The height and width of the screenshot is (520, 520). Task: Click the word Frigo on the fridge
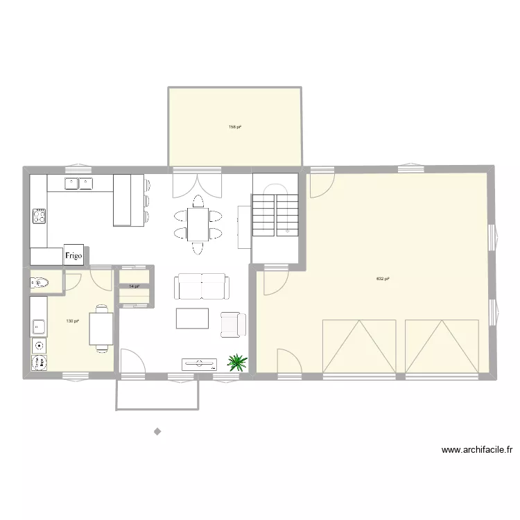point(74,255)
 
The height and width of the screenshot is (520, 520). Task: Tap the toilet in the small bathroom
point(40,282)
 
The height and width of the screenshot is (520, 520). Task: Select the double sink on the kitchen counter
point(79,184)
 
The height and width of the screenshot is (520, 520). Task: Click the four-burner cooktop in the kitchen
point(39,216)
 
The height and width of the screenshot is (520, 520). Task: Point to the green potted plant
point(238,362)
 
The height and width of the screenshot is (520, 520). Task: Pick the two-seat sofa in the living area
point(202,286)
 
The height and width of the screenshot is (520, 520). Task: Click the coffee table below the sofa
point(192,318)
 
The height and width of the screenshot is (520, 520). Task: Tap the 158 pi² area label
point(235,127)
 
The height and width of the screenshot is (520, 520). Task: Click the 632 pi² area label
point(382,279)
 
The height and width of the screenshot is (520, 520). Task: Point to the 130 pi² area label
point(72,321)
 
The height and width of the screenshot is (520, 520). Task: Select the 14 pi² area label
point(134,286)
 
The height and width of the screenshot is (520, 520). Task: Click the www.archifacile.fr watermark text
point(477,450)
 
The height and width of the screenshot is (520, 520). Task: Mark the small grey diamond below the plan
point(157,431)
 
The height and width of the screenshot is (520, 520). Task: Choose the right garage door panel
point(442,346)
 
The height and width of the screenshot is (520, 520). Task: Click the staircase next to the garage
point(275,211)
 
